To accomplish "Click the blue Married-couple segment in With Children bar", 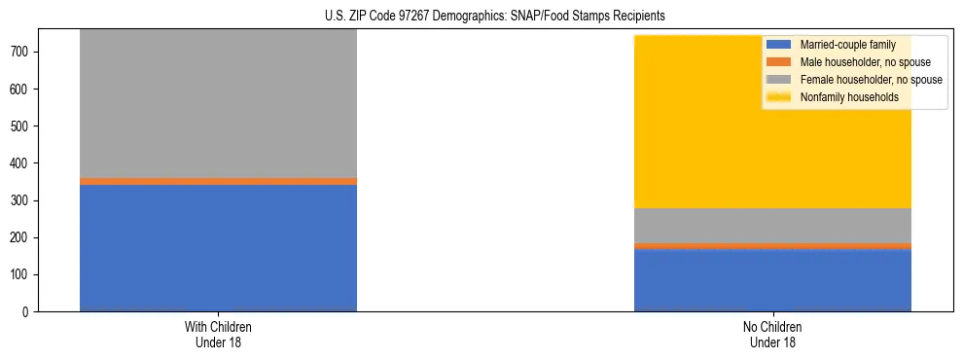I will [218, 248].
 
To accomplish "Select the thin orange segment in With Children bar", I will [218, 181].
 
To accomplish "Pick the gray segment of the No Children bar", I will [772, 226].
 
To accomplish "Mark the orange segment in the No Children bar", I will [772, 246].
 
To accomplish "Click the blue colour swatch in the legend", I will [779, 45].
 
